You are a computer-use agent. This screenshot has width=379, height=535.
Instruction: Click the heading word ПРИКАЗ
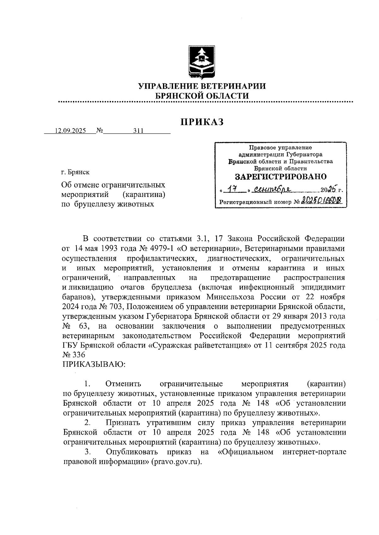pos(202,122)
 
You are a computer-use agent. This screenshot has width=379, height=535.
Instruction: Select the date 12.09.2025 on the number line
pos(70,131)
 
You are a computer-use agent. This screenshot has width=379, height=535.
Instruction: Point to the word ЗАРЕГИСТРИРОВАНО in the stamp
pos(281,176)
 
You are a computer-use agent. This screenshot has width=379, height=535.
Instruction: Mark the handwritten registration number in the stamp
pos(322,201)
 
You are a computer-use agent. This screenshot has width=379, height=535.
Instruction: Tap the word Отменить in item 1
pos(123,384)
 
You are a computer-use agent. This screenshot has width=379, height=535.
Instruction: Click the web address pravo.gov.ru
pos(176,461)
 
